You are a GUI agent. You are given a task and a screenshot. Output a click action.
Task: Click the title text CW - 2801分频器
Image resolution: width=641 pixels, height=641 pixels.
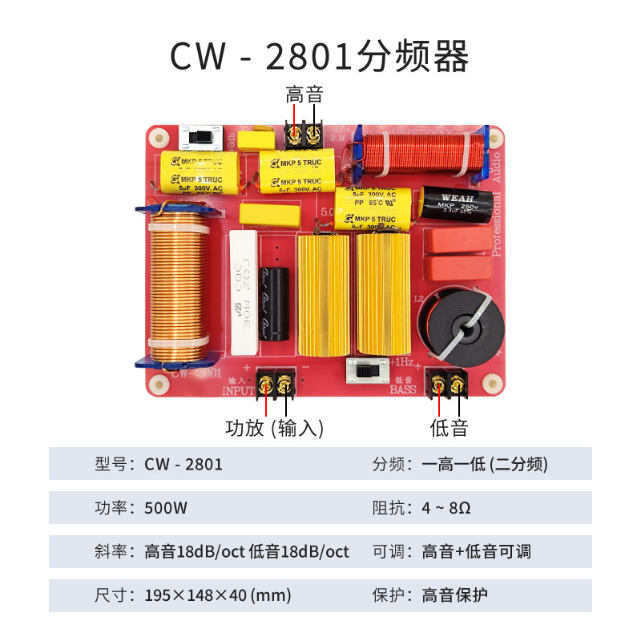tap(320, 57)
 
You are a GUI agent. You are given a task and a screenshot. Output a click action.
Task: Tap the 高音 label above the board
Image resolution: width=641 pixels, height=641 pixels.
tap(304, 95)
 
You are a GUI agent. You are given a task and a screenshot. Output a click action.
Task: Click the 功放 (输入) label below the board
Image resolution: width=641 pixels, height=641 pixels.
tap(275, 428)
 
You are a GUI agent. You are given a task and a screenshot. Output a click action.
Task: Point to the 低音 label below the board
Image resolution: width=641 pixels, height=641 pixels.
tap(449, 428)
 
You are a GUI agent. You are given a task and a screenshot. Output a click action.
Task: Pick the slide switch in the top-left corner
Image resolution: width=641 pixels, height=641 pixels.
tap(200, 137)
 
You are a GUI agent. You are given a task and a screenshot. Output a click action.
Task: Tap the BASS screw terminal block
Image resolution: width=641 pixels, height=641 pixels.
tap(448, 382)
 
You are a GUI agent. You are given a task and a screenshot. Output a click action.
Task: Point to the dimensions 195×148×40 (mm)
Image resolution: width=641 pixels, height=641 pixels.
tap(218, 595)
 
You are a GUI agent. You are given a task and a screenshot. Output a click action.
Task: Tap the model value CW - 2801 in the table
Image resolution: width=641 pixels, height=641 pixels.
tap(183, 464)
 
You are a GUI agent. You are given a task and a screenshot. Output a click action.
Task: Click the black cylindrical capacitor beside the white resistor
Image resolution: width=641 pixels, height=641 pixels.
tap(278, 301)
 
